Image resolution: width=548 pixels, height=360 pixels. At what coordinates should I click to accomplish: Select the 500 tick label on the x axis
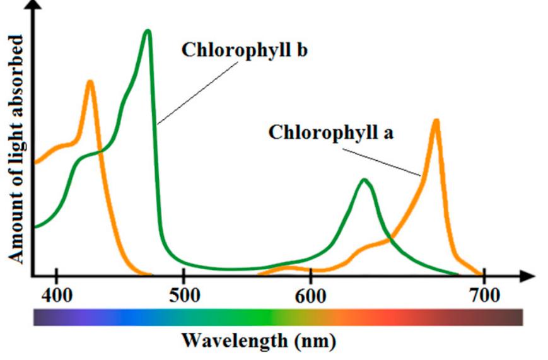tap(183, 295)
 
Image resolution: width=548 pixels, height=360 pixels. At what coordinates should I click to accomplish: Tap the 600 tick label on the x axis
tap(310, 295)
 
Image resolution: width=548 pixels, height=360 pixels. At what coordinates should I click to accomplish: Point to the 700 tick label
tap(484, 295)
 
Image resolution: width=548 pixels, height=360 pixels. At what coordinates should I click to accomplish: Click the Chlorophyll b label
tap(244, 50)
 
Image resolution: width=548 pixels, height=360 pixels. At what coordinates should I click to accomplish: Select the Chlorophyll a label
tap(331, 132)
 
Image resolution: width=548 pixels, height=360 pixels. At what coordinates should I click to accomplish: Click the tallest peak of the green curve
tap(148, 31)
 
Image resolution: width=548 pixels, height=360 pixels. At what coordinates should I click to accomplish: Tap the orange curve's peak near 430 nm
tap(90, 82)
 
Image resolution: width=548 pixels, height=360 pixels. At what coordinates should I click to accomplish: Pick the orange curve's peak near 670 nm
tap(435, 120)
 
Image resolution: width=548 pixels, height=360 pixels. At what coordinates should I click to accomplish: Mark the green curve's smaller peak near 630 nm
tap(364, 180)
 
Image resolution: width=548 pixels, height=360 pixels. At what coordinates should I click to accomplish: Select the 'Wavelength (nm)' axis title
tap(259, 341)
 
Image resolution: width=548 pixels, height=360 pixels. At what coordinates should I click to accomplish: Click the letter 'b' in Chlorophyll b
tap(301, 50)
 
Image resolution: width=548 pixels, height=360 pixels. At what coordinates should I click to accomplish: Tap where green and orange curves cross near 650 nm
tap(388, 240)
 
